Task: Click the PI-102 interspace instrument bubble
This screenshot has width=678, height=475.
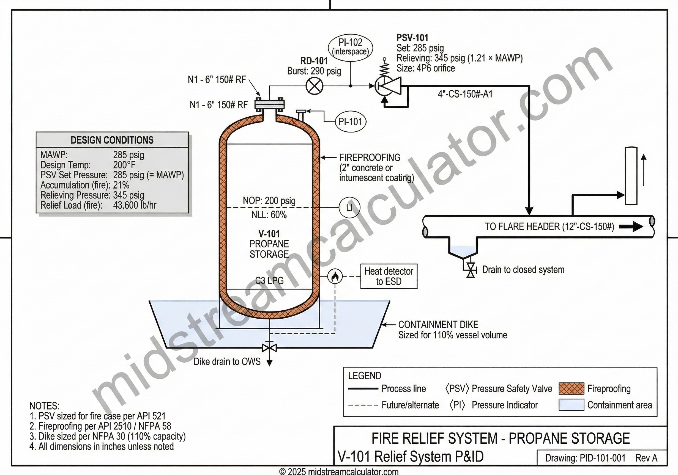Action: (x=350, y=47)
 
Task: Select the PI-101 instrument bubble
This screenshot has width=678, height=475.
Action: (x=351, y=121)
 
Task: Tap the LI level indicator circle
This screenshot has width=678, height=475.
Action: (x=349, y=208)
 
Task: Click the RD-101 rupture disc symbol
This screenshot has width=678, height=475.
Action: (x=315, y=86)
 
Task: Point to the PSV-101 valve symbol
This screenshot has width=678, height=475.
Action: (x=387, y=86)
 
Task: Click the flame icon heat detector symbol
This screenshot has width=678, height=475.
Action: (x=335, y=277)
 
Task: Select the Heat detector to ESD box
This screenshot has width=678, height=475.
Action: (x=389, y=276)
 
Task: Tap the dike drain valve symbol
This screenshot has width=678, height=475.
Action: (x=269, y=348)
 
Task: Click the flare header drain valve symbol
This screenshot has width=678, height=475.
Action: (x=471, y=270)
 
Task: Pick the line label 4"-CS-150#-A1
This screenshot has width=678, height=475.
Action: (x=465, y=94)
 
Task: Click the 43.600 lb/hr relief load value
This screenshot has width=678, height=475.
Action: (x=135, y=205)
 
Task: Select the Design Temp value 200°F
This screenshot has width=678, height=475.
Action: (x=124, y=165)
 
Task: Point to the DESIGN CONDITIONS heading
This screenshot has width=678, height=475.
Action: (x=112, y=140)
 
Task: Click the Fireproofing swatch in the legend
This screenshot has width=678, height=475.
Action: (x=571, y=389)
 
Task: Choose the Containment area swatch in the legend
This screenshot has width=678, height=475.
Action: (x=571, y=405)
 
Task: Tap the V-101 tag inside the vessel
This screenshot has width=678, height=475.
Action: (x=269, y=234)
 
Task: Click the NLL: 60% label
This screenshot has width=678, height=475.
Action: (x=269, y=215)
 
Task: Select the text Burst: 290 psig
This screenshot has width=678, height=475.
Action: (x=314, y=71)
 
